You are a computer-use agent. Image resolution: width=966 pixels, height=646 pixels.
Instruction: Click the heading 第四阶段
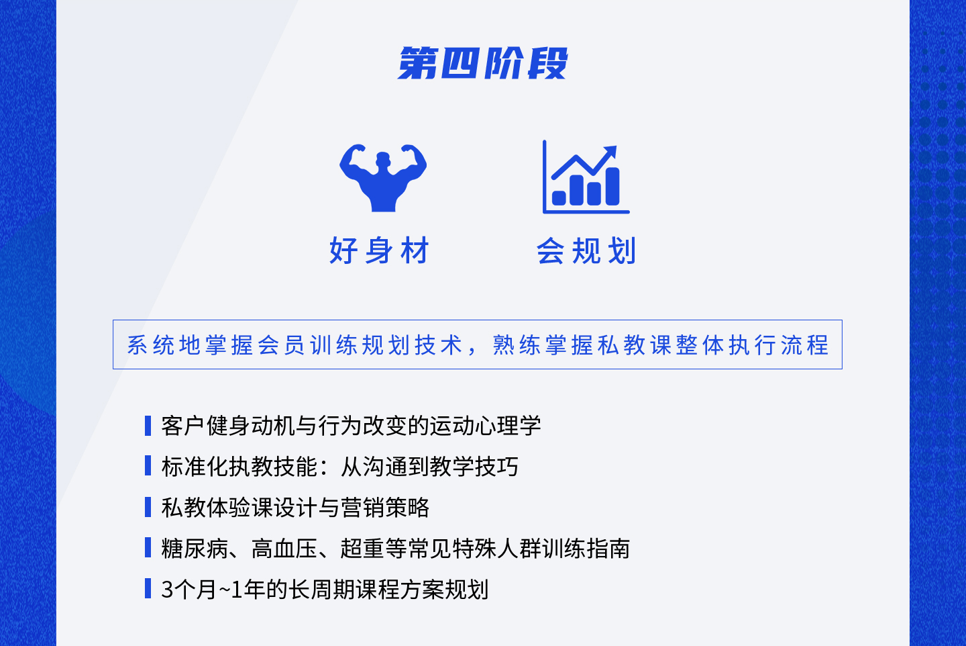click(x=482, y=63)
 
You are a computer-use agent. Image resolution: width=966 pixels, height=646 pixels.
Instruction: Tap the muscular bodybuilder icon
click(x=383, y=178)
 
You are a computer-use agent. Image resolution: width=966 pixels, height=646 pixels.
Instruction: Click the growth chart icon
click(x=586, y=177)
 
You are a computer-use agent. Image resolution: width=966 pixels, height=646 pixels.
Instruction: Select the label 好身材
click(x=379, y=250)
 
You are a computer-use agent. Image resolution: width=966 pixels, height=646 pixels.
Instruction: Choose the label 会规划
click(x=586, y=250)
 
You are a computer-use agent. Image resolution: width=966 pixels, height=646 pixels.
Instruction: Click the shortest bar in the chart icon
click(x=559, y=198)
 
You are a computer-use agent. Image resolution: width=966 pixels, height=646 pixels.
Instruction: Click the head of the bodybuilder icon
click(x=383, y=160)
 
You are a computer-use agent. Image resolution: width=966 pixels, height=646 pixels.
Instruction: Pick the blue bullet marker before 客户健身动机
click(x=148, y=425)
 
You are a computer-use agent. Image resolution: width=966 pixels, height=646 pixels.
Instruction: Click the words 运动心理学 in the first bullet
click(x=485, y=425)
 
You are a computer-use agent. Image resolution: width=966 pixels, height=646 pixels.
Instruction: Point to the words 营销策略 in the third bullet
click(x=385, y=508)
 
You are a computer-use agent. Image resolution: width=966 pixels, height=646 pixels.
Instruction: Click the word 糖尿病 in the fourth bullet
click(x=195, y=549)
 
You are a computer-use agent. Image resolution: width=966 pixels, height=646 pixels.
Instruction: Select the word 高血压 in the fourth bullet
click(x=284, y=549)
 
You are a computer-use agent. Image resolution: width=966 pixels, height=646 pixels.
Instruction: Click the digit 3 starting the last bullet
click(x=167, y=590)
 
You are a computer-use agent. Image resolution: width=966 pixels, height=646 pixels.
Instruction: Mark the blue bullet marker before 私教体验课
click(x=148, y=507)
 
